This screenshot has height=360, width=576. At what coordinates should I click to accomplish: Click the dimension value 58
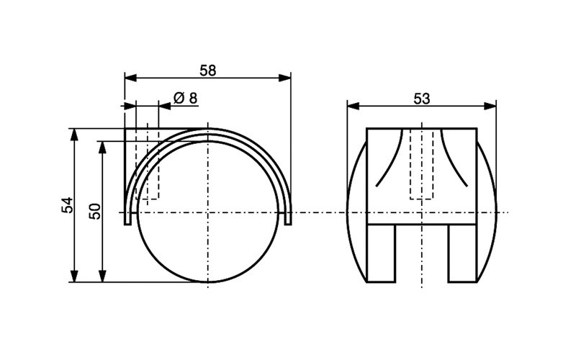[x=207, y=70]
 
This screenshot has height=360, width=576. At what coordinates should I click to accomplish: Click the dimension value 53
[x=422, y=99]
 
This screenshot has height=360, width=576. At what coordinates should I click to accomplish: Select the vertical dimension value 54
[x=67, y=205]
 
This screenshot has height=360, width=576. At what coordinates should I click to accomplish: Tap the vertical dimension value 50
[x=94, y=211]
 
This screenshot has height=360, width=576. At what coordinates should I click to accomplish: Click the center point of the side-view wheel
[x=207, y=212]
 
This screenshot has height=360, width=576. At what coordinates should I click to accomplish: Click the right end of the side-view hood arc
[x=289, y=220]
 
